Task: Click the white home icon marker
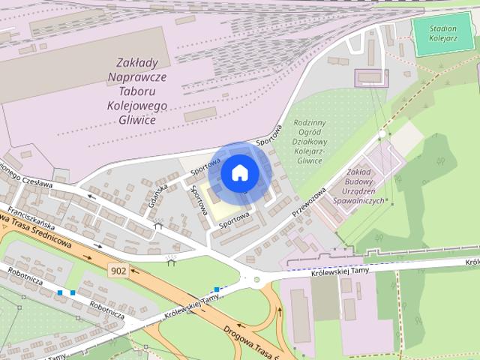pos(239,172)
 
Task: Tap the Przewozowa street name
pos(309,200)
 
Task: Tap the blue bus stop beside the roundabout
pos(216,289)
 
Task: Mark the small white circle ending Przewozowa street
pos(381,134)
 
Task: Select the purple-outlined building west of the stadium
pos(370,76)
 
